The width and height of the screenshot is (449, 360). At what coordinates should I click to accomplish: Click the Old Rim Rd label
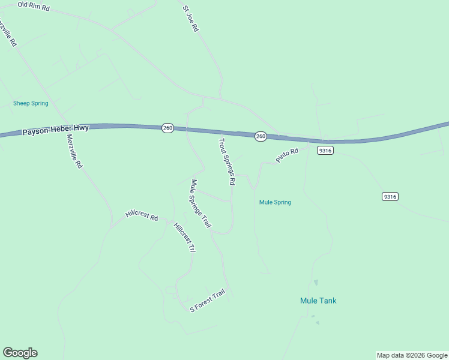(34, 6)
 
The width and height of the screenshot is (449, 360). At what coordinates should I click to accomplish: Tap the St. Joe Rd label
(190, 19)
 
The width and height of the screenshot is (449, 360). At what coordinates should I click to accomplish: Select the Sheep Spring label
(31, 103)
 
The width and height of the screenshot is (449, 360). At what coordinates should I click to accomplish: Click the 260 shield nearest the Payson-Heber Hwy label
(167, 128)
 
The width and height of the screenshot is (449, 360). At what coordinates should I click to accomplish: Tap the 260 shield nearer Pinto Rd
(261, 137)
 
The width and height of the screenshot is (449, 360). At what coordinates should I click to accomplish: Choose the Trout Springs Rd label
(226, 161)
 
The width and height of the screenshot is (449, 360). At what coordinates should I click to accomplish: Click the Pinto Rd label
(287, 155)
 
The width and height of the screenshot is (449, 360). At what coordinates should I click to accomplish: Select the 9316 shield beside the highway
(325, 151)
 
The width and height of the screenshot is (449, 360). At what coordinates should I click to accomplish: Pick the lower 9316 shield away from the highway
(390, 196)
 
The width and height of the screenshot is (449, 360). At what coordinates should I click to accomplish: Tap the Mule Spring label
(275, 202)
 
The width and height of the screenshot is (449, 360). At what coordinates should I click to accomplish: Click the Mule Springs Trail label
(200, 203)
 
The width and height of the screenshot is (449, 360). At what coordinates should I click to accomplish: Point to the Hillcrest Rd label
(141, 215)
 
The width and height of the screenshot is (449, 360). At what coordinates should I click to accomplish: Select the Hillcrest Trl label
(184, 237)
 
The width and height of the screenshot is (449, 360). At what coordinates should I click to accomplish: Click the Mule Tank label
(318, 301)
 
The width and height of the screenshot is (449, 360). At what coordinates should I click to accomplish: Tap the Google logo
(20, 353)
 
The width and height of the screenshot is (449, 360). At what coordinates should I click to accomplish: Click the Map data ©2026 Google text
(412, 355)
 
